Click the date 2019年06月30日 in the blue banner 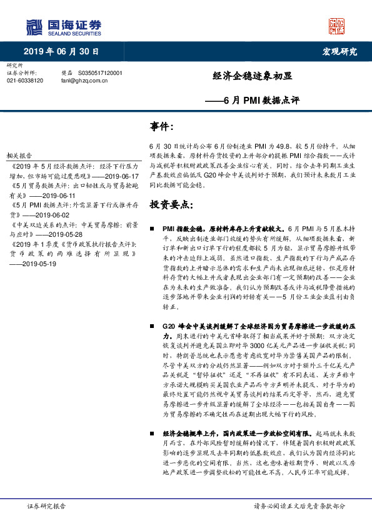[61, 51]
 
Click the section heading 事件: [161, 127]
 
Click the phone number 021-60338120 [25, 81]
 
